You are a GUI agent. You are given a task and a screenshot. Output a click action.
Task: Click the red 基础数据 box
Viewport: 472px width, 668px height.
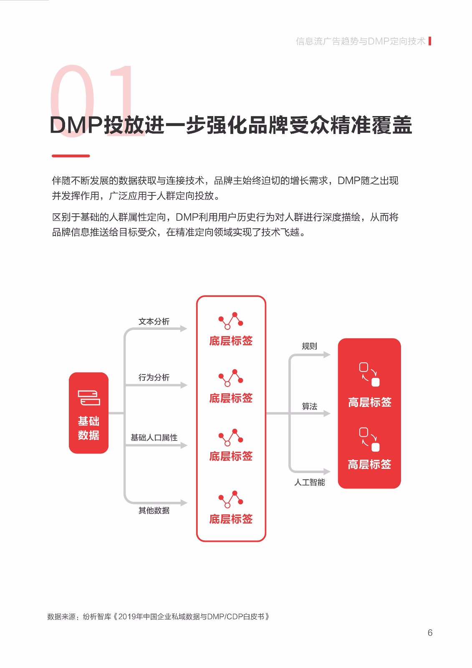coord(88,412)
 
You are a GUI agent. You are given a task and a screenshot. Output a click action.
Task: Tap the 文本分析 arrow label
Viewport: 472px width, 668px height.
coord(154,321)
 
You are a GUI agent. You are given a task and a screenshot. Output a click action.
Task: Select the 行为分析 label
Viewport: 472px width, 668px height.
coord(154,377)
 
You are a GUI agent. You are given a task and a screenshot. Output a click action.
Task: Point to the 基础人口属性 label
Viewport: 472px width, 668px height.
coord(154,438)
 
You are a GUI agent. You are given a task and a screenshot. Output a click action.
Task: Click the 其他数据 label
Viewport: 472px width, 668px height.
coord(154,511)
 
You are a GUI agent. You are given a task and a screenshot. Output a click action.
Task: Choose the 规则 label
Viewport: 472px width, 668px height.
coord(309,346)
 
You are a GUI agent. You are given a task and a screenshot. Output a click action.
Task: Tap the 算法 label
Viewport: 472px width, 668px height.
coord(309,406)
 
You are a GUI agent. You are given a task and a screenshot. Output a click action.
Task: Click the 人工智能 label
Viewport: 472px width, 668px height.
coord(309,482)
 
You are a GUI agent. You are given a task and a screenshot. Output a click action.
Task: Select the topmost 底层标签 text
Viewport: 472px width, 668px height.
coord(231,341)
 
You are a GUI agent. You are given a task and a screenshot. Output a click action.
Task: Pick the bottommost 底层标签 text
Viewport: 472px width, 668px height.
coord(231,519)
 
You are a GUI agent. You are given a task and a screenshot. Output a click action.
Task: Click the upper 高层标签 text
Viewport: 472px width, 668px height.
coord(369,402)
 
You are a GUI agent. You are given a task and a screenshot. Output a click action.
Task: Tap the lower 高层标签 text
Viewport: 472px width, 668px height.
coord(369,464)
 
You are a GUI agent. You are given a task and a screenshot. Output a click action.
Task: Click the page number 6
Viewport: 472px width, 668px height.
coord(430,633)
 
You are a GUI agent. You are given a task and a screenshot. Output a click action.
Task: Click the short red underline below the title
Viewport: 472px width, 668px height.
coord(71,156)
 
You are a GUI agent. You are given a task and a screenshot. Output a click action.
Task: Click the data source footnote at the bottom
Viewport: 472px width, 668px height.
coord(158,617)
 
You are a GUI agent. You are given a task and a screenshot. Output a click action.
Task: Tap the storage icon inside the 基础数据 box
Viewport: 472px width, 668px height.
coord(89,397)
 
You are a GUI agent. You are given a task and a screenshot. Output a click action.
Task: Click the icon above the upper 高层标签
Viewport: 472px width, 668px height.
coord(369,374)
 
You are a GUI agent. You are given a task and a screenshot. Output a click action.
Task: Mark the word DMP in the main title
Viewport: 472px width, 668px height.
coord(76,125)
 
